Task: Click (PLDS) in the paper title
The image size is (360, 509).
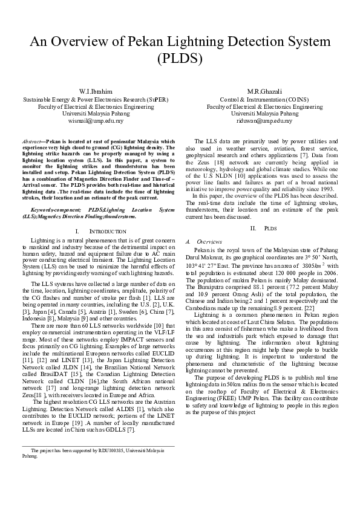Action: click(x=180, y=59)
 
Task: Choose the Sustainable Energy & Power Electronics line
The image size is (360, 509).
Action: click(x=95, y=99)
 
